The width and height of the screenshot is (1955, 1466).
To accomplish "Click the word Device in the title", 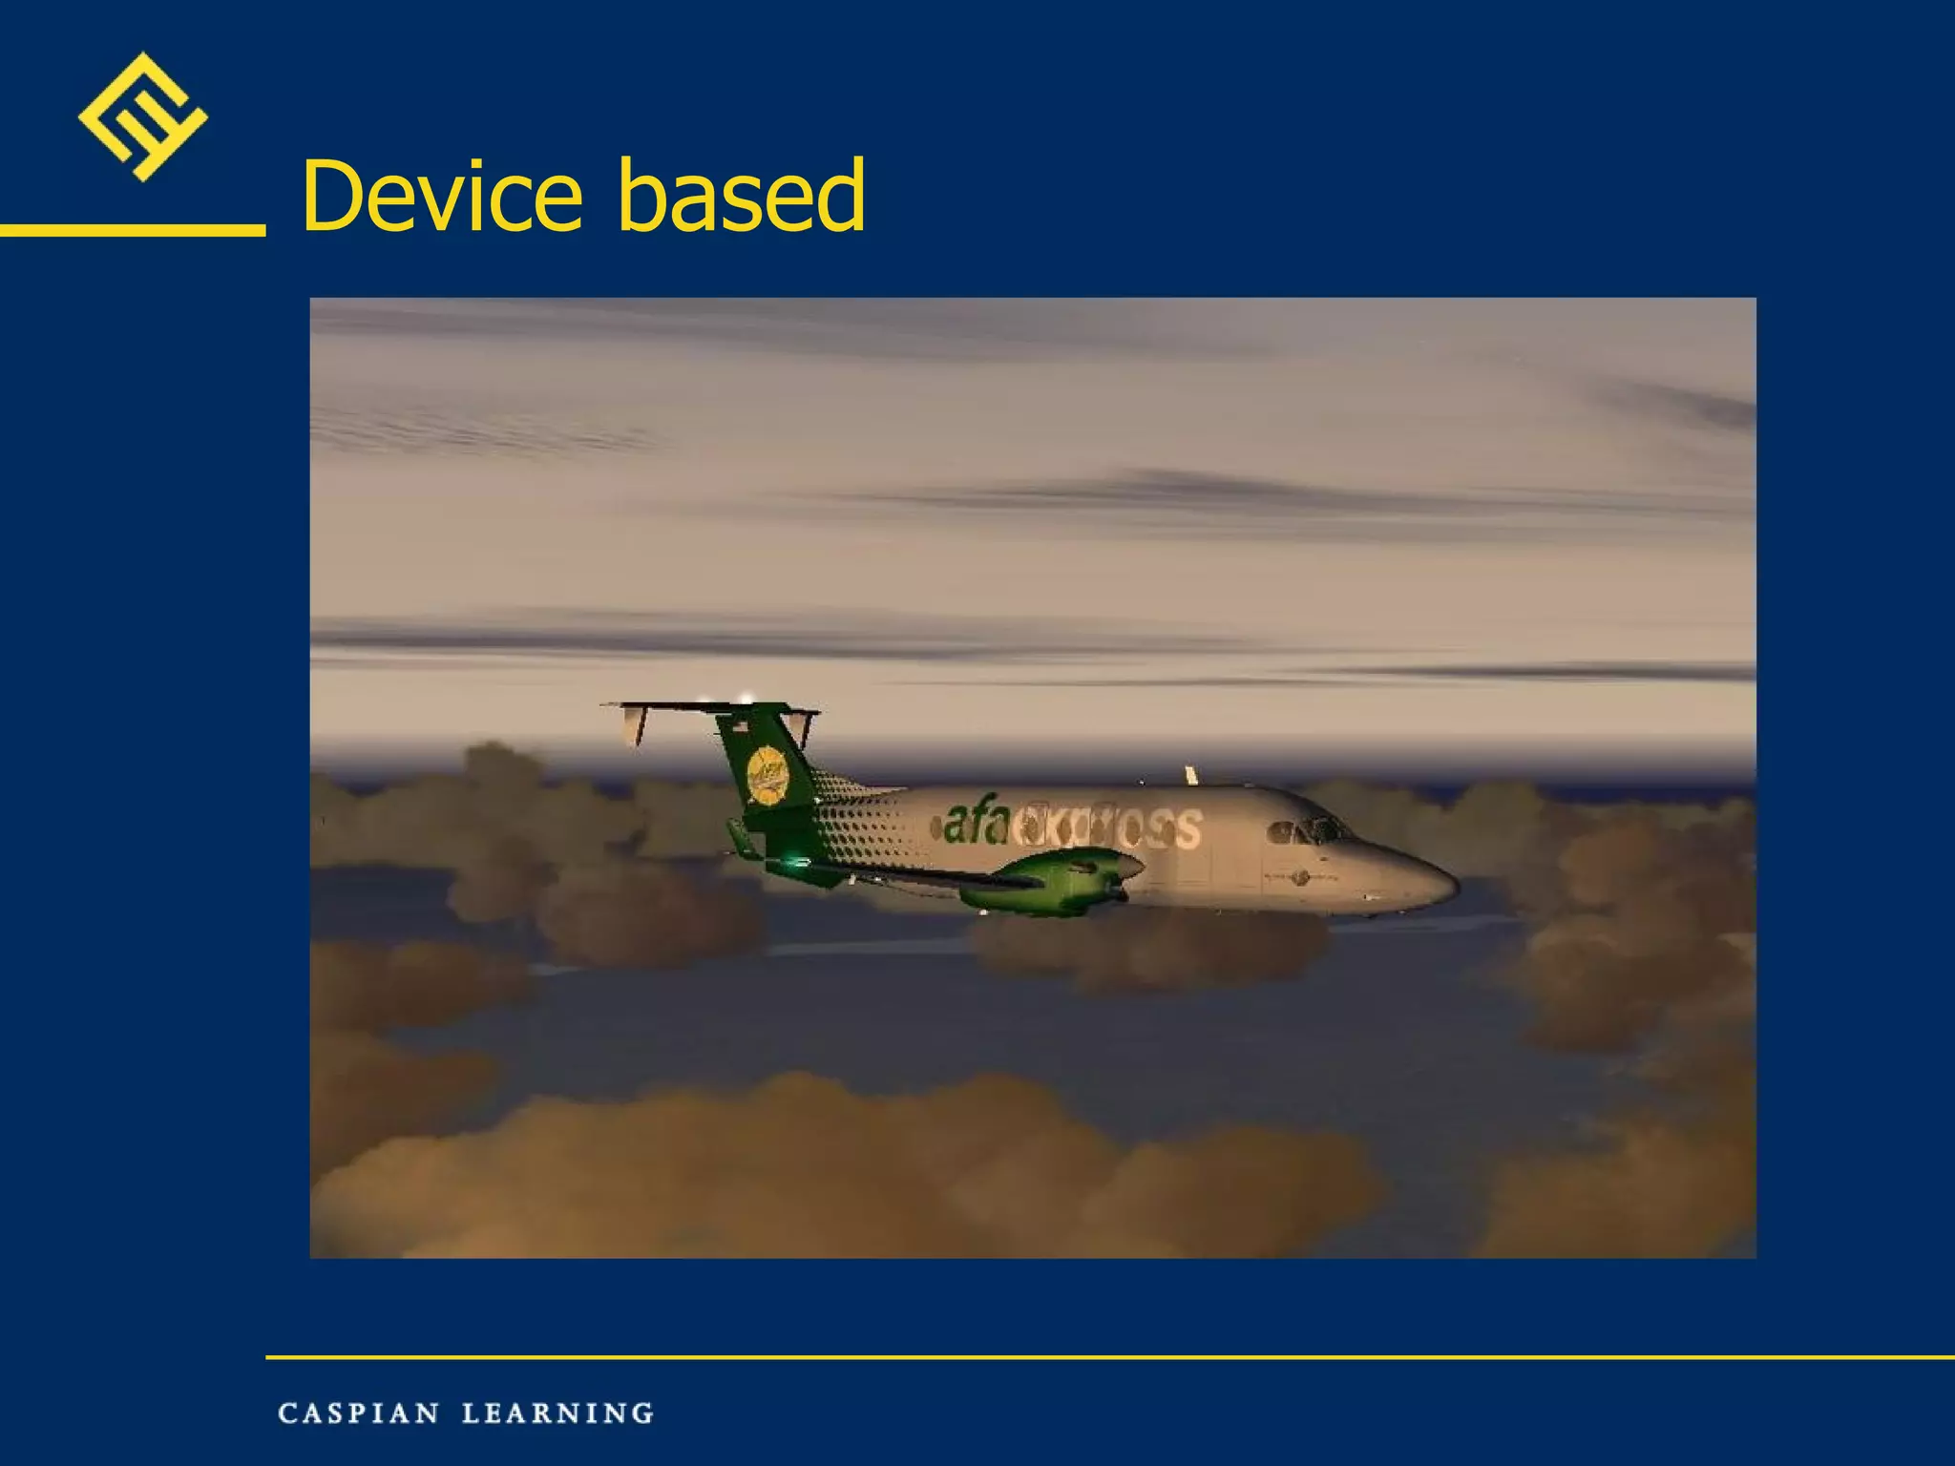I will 441,197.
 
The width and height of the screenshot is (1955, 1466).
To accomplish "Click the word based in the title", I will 742,197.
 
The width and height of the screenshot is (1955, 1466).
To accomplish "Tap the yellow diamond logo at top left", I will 142,116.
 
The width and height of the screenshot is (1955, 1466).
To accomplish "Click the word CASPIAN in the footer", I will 359,1414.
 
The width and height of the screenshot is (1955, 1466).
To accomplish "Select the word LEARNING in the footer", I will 558,1414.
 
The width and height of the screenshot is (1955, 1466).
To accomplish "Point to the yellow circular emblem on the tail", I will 767,775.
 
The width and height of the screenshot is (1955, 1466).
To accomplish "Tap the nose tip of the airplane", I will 1453,884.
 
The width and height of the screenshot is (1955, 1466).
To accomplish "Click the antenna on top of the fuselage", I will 1190,774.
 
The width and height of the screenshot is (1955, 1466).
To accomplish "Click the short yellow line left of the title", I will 133,230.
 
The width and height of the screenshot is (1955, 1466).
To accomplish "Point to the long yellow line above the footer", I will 1107,1356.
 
